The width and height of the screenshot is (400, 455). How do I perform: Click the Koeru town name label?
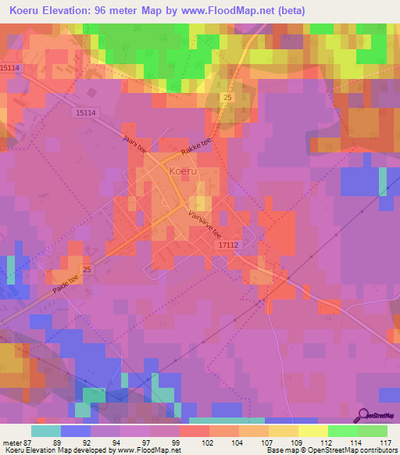point(182,169)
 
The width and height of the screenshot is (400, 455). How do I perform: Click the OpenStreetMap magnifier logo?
point(365,414)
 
